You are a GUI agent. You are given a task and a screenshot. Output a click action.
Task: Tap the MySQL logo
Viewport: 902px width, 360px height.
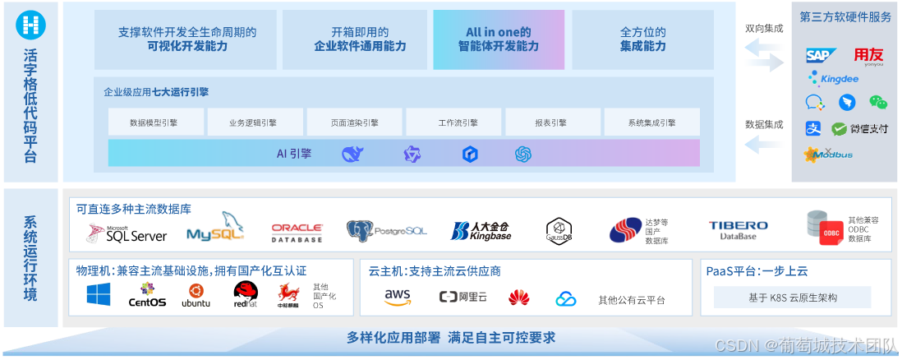pos(215,228)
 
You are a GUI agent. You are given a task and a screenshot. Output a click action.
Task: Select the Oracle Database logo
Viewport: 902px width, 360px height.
pos(297,232)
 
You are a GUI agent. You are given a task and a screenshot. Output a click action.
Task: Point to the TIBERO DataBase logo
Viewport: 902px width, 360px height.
pos(739,230)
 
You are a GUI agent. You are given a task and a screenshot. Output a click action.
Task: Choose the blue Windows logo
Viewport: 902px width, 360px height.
pos(99,294)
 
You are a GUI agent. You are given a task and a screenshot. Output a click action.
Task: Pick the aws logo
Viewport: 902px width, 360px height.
pos(398,296)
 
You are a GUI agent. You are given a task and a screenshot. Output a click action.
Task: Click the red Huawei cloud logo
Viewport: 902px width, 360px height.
pos(518,297)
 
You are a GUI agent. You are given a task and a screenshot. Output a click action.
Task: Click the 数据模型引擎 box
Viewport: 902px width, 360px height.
pos(154,122)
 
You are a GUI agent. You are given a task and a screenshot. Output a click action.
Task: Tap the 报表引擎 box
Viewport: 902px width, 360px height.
pos(550,122)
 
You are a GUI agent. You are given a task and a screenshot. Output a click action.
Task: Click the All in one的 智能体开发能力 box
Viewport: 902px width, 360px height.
pos(499,39)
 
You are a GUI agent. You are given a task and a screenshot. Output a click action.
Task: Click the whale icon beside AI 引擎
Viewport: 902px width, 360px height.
pos(352,154)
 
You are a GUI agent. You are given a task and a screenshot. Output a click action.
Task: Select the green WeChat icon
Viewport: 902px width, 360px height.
pos(879,103)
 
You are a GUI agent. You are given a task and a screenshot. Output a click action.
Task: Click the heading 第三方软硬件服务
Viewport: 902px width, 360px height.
pos(845,17)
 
